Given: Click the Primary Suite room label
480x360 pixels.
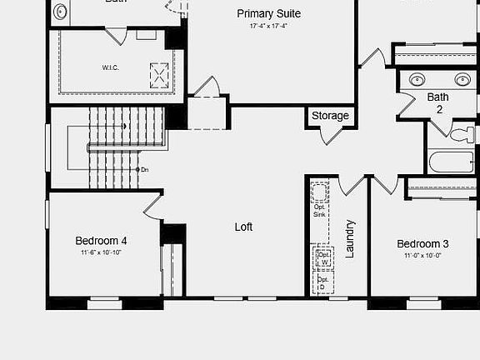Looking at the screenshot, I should point(268,14).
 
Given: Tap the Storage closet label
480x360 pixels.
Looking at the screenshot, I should point(330,116).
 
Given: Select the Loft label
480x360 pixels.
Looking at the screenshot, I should point(243,227).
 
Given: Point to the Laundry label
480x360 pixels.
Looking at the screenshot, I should point(350,238).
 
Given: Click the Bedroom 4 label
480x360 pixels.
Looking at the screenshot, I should point(101,241).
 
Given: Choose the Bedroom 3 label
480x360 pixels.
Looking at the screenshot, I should point(422,244).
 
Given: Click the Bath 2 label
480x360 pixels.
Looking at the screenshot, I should point(437,102).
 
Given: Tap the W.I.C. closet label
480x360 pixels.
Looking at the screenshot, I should point(111,67).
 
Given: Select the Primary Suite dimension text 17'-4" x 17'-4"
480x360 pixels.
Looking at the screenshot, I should point(268,27).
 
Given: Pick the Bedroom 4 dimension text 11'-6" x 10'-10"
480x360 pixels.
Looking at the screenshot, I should point(101,252).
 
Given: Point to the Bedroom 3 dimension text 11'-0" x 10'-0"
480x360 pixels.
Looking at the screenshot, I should point(422,255).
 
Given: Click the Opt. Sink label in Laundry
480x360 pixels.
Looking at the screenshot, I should point(320,210).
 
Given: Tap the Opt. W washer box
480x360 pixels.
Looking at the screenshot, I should point(322,259).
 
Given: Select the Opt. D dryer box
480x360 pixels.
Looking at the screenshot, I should point(322,283).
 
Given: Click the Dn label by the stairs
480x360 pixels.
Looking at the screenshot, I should point(144,169).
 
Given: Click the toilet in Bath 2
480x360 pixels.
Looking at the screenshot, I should point(463,134).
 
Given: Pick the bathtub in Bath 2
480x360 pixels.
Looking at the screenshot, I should point(450,161).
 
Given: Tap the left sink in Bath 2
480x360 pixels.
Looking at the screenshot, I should point(417,79).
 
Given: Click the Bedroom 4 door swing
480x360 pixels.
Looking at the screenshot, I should point(153,206).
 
